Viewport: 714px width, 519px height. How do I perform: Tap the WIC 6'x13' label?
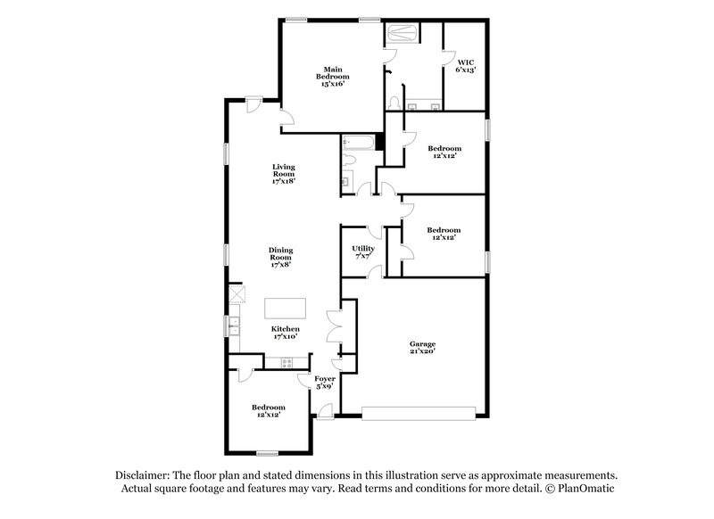465,65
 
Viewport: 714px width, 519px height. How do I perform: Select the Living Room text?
283,174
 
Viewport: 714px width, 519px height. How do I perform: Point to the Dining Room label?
282,257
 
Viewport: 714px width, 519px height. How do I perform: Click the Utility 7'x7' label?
361,252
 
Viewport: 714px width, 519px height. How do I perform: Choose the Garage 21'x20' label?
421,347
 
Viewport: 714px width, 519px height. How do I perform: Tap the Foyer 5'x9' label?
324,383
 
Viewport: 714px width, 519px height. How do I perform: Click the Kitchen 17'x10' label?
285,333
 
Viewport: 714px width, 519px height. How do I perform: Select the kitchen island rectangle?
284,308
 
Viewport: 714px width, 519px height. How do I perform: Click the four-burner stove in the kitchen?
287,362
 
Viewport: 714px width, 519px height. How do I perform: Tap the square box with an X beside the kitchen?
237,294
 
